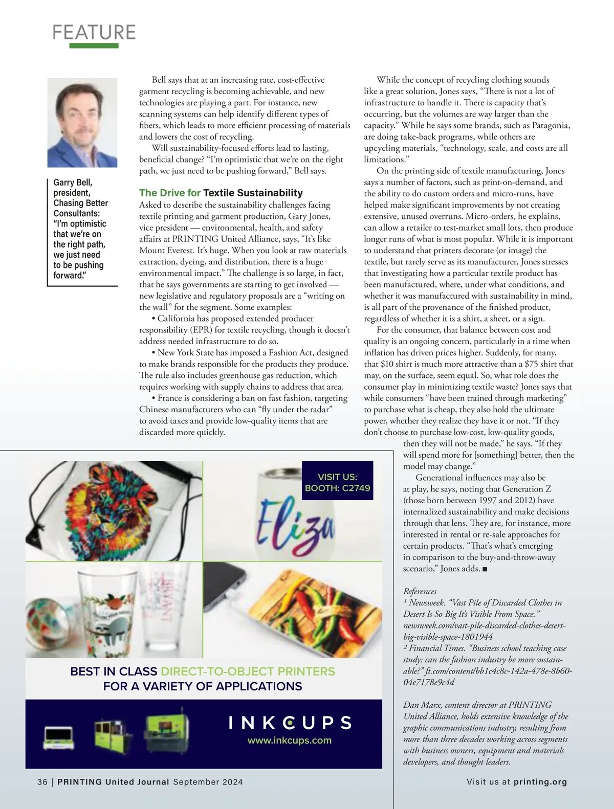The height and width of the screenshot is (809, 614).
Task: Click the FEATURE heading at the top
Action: point(94,32)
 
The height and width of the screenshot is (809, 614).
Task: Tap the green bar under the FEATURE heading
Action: point(94,46)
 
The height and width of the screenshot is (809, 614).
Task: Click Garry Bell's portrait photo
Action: point(82,123)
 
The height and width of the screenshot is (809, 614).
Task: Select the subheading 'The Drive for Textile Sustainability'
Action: point(221,193)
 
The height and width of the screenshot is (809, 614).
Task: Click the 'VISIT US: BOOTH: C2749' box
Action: point(337,482)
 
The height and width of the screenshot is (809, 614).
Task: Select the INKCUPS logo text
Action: point(290,723)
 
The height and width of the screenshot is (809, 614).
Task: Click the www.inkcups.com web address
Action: point(290,740)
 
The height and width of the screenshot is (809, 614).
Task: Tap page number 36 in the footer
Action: point(42,782)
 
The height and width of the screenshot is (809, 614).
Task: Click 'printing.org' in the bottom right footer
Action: point(540,782)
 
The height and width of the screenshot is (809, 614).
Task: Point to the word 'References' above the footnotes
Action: point(420,591)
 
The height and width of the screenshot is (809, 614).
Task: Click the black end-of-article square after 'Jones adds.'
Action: point(485,569)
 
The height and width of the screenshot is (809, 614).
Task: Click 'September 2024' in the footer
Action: point(208,782)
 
